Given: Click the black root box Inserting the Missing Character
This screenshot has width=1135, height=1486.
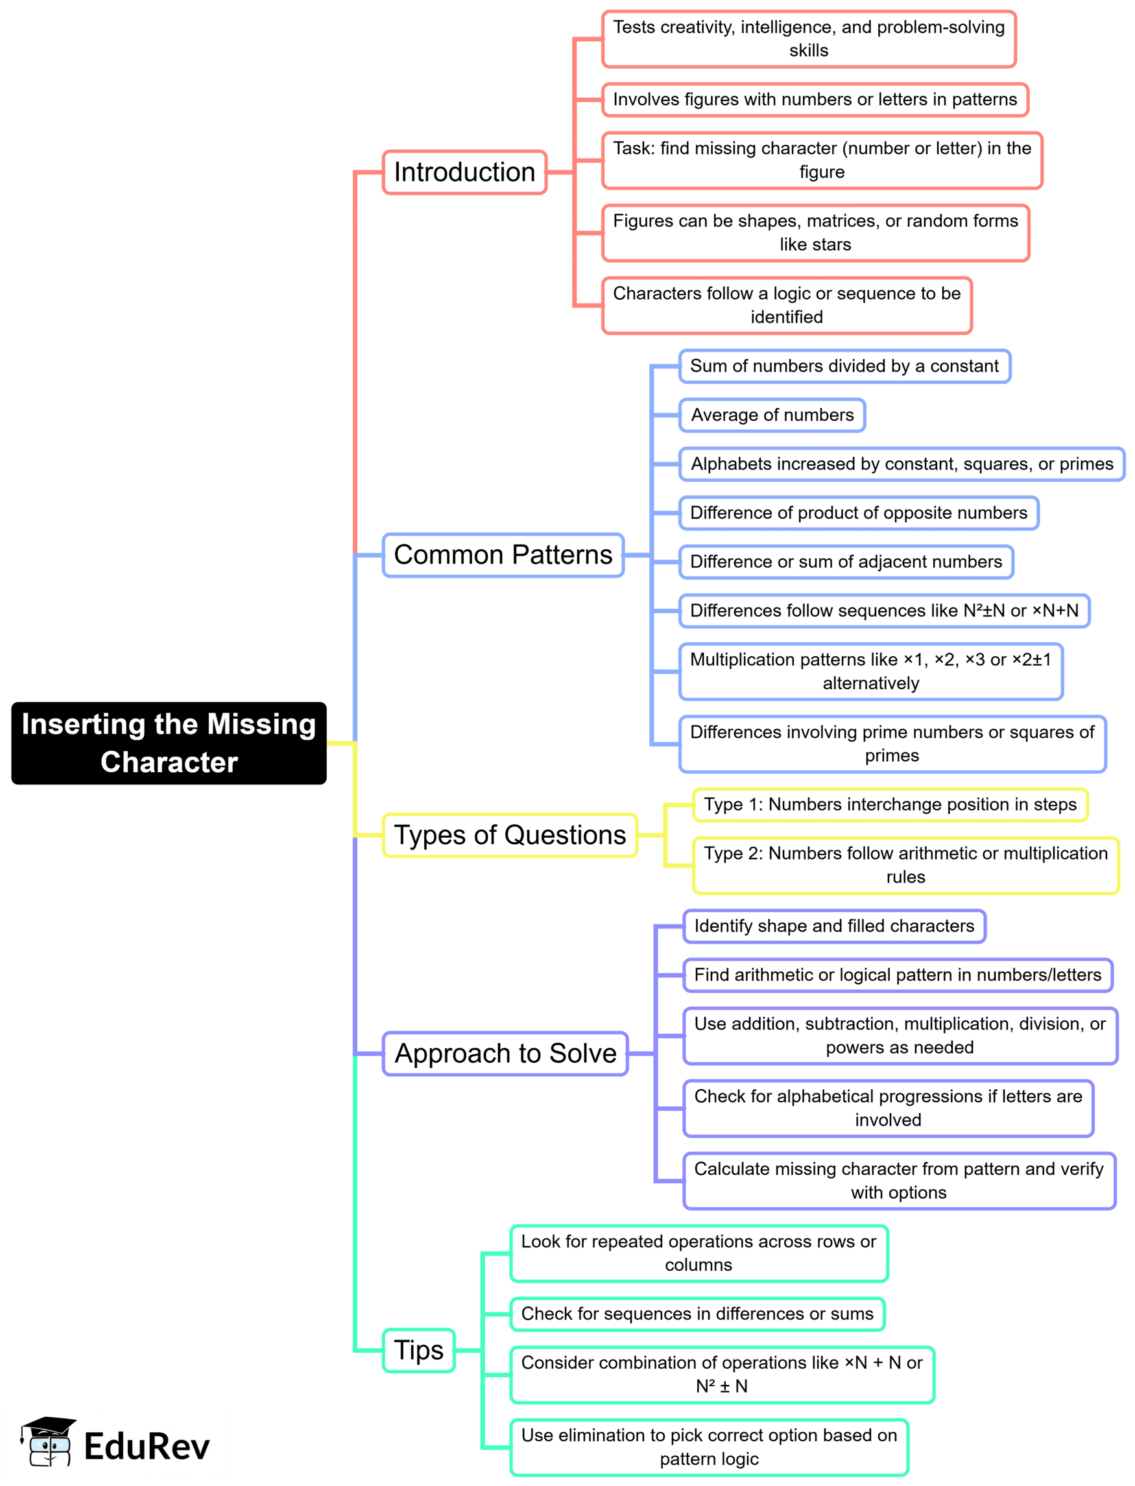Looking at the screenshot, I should pyautogui.click(x=169, y=742).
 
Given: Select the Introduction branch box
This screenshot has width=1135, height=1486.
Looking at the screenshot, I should pyautogui.click(x=464, y=172).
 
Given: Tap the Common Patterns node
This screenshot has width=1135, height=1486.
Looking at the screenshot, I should pyautogui.click(x=503, y=554).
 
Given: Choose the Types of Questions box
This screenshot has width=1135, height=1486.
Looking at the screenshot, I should pyautogui.click(x=510, y=835).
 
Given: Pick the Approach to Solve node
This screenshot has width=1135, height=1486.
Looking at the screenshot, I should pyautogui.click(x=505, y=1053).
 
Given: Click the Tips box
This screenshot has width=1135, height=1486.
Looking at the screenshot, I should pyautogui.click(x=419, y=1350).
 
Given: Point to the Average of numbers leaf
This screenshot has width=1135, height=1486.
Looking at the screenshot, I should pyautogui.click(x=772, y=415).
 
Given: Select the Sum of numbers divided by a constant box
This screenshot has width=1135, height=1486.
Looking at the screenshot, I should pyautogui.click(x=844, y=366).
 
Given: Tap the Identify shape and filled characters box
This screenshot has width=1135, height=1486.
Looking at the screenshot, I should pyautogui.click(x=834, y=926).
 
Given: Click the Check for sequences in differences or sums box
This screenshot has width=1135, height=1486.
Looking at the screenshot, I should pyautogui.click(x=697, y=1314).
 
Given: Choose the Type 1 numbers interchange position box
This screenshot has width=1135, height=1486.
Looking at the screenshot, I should pyautogui.click(x=890, y=805).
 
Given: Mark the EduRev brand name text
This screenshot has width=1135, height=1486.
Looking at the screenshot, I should pyautogui.click(x=147, y=1446).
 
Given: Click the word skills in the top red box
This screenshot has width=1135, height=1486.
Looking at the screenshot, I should pyautogui.click(x=809, y=51).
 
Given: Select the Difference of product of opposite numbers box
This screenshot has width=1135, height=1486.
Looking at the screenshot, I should pyautogui.click(x=859, y=513).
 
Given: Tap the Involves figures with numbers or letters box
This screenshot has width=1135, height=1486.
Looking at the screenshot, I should pyautogui.click(x=815, y=99).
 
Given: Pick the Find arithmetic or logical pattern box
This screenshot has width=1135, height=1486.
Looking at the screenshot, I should pyautogui.click(x=898, y=974).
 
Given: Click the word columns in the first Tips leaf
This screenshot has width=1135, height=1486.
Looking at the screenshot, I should pyautogui.click(x=699, y=1264).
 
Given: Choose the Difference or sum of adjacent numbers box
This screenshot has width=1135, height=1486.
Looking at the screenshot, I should pyautogui.click(x=846, y=562).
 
